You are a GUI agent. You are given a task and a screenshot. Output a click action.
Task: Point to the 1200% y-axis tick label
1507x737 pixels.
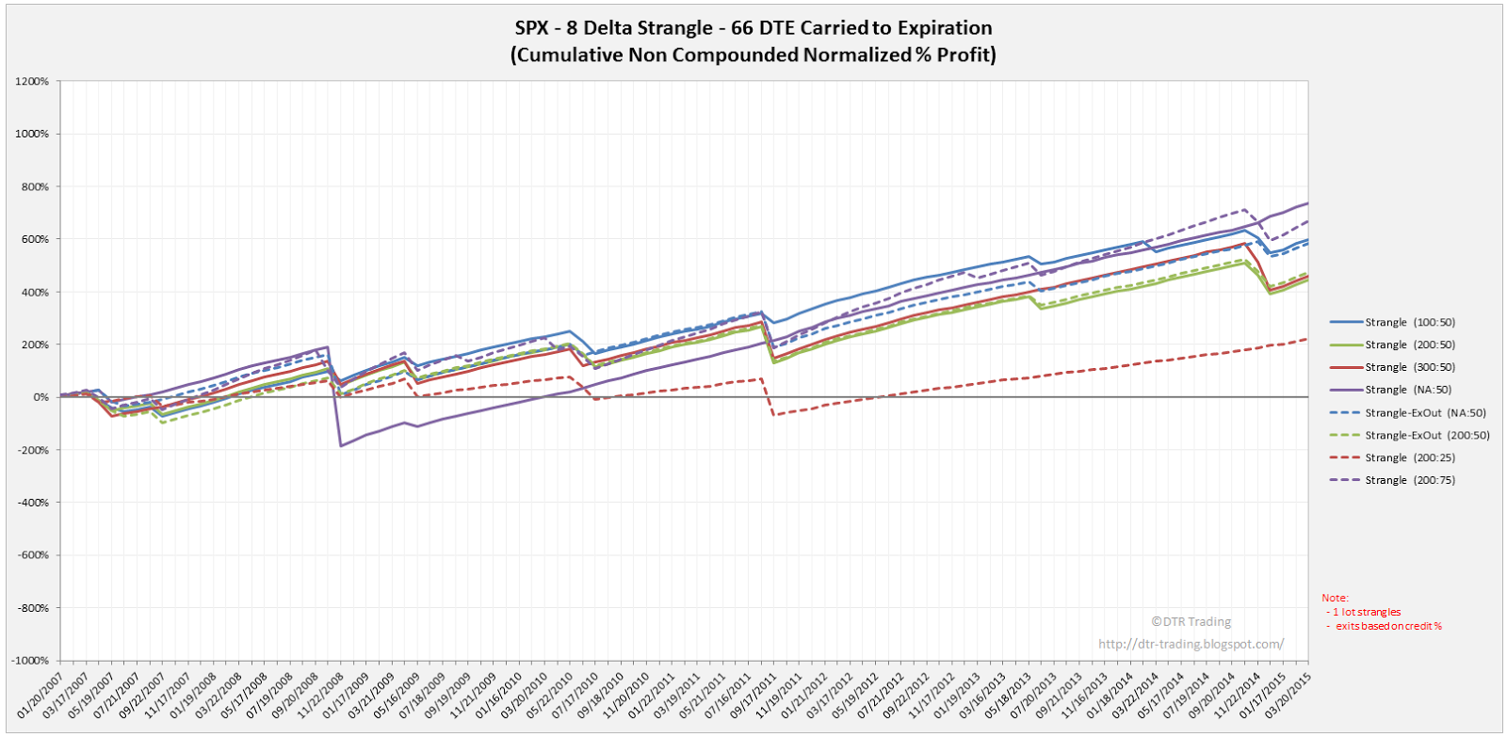pyautogui.click(x=32, y=81)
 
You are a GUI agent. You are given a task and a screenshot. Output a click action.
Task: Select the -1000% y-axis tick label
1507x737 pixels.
pyautogui.click(x=30, y=661)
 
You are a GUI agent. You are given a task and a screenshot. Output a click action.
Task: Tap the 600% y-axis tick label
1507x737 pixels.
pyautogui.click(x=35, y=239)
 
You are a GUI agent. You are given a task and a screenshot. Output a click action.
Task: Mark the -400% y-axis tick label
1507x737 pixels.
pyautogui.click(x=33, y=503)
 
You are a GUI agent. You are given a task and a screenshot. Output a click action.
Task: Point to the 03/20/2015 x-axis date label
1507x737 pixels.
pyautogui.click(x=1291, y=696)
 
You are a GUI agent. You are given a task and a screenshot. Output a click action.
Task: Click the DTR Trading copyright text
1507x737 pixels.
pyautogui.click(x=1191, y=621)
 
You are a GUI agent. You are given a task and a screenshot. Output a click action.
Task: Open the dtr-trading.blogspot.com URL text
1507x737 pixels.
pyautogui.click(x=1191, y=644)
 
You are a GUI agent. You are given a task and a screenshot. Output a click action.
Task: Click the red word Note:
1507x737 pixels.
pyautogui.click(x=1335, y=598)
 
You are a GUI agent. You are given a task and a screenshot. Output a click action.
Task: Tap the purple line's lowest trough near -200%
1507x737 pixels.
pyautogui.click(x=340, y=445)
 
